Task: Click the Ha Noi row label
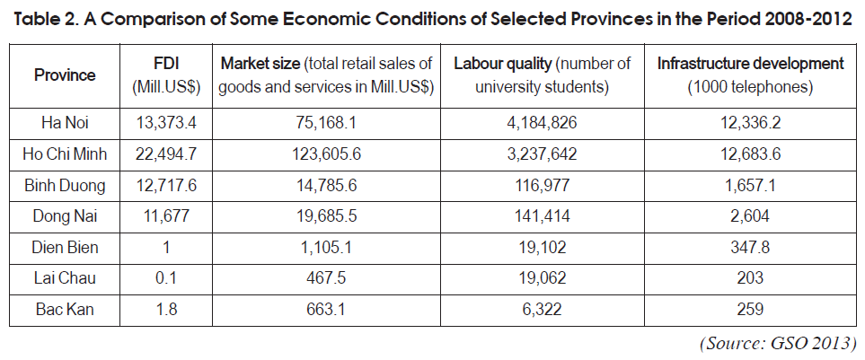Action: click(x=65, y=122)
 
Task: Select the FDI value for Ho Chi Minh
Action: click(x=166, y=154)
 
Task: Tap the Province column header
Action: click(x=65, y=75)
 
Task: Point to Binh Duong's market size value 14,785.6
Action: click(x=326, y=185)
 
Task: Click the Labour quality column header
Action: click(x=542, y=75)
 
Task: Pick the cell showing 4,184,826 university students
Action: click(x=543, y=122)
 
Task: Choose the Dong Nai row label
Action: click(x=65, y=216)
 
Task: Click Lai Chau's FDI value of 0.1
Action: click(x=166, y=278)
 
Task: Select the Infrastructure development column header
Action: click(x=750, y=75)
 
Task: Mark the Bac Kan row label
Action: click(x=65, y=309)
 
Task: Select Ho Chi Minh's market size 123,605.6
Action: click(x=326, y=154)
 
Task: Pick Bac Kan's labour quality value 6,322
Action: click(x=543, y=309)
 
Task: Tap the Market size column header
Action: click(x=326, y=75)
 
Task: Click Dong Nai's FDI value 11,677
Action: click(x=166, y=216)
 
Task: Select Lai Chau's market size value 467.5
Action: click(x=326, y=278)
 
